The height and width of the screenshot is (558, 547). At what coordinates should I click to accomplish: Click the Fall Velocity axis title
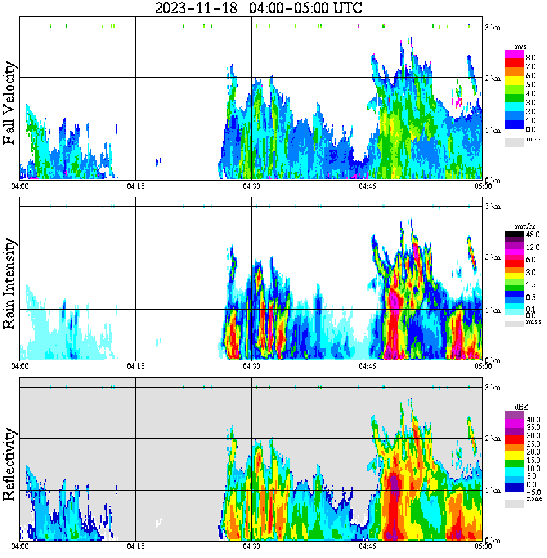10,103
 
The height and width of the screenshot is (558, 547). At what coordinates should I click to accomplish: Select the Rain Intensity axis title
10,283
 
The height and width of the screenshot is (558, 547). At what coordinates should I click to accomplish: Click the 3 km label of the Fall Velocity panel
493,26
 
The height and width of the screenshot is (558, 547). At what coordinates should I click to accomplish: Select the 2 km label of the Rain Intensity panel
493,258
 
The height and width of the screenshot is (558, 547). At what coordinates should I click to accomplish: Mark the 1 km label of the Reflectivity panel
493,491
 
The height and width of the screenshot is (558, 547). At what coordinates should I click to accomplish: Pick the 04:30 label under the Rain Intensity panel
251,366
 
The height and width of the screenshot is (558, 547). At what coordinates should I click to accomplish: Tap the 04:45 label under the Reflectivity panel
367,547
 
